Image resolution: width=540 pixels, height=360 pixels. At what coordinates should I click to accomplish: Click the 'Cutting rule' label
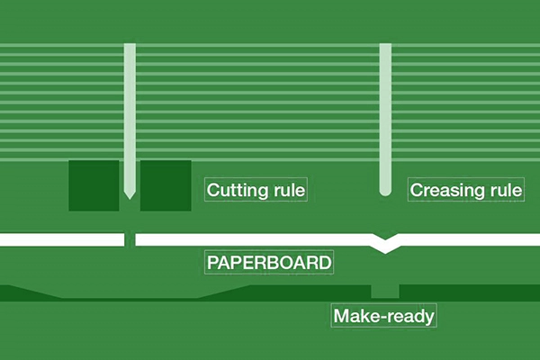256,191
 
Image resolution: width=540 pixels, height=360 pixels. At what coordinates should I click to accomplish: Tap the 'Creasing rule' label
466,191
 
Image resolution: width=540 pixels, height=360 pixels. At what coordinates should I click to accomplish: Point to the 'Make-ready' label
384,316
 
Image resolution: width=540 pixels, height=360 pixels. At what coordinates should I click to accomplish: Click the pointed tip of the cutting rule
130,195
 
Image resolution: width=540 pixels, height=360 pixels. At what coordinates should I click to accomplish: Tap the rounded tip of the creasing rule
385,192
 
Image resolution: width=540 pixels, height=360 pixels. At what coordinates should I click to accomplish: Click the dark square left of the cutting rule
94,185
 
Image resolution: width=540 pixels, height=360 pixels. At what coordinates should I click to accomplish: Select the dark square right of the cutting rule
166,185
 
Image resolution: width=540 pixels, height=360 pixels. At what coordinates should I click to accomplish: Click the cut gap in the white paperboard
130,239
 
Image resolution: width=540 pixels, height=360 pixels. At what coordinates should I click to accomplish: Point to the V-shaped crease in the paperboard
386,245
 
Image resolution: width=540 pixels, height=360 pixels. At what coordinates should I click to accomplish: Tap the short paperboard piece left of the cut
61,239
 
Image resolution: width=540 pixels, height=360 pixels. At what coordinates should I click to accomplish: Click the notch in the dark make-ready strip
385,290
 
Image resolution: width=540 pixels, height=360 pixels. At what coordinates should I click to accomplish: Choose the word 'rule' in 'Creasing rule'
506,191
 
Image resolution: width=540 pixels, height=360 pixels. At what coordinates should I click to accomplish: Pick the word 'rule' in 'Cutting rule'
289,191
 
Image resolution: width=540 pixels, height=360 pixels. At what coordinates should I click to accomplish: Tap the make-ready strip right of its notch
468,292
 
